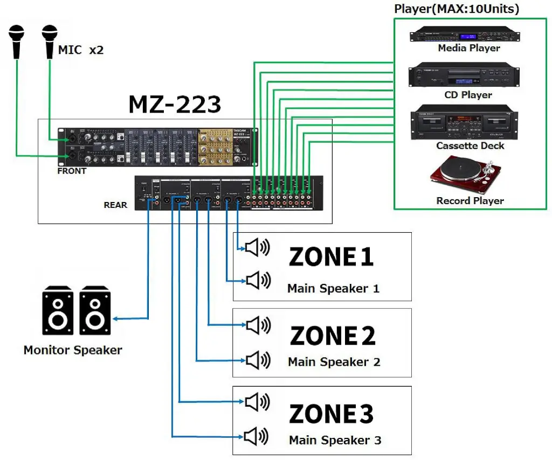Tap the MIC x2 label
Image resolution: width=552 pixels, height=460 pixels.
pyautogui.click(x=81, y=51)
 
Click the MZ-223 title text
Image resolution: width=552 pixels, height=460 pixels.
pyautogui.click(x=174, y=104)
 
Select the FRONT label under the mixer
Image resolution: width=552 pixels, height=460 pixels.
pyautogui.click(x=72, y=171)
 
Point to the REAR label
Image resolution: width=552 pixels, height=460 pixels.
pyautogui.click(x=115, y=205)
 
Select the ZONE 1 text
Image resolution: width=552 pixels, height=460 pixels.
pyautogui.click(x=331, y=257)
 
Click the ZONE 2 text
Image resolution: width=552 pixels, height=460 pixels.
pyautogui.click(x=332, y=336)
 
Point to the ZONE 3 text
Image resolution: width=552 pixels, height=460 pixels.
pyautogui.click(x=331, y=414)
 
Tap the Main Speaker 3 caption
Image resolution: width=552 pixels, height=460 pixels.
pyautogui.click(x=335, y=440)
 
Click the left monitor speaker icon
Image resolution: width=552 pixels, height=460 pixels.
pyautogui.click(x=58, y=310)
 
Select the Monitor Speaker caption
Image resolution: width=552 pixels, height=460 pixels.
pyautogui.click(x=73, y=350)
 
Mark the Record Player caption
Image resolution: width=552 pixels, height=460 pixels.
pyautogui.click(x=470, y=201)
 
